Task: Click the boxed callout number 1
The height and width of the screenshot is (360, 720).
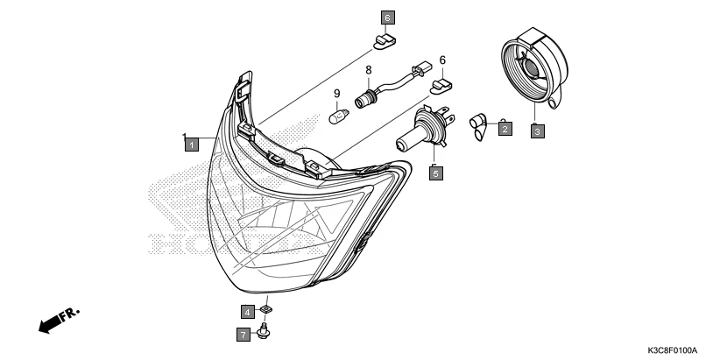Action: (x=190, y=144)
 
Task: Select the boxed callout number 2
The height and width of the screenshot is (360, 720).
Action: (x=505, y=130)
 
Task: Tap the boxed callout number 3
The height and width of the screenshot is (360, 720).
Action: (x=537, y=131)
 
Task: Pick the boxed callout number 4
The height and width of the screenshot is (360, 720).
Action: (x=248, y=311)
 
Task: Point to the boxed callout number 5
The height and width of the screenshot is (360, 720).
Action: (x=435, y=173)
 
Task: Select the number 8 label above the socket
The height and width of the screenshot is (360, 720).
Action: (x=369, y=69)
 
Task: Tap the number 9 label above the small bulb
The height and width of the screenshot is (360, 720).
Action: (x=335, y=93)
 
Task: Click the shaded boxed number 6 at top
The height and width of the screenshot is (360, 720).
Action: (x=387, y=17)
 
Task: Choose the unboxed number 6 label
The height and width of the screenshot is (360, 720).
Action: (x=442, y=60)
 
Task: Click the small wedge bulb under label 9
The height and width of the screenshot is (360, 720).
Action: (x=336, y=114)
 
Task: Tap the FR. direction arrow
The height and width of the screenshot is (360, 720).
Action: (x=58, y=321)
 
